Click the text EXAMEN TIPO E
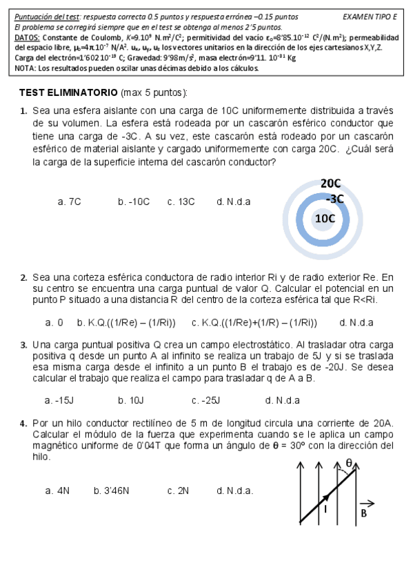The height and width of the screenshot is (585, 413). coord(370,17)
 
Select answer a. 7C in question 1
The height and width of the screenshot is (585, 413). coord(70,201)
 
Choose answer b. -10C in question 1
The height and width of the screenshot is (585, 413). coord(134,201)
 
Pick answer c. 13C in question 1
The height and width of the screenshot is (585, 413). coord(181,201)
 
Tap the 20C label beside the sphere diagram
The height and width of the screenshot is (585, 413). coord(331,184)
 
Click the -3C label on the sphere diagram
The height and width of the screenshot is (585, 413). coord(334,199)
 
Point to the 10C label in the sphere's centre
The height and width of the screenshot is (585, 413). coord(325,219)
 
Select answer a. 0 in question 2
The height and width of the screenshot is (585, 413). coord(54,322)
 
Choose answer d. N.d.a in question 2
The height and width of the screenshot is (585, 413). coord(356,322)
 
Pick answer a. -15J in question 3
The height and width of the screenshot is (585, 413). coord(59,400)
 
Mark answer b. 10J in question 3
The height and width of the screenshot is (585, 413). coord(131,400)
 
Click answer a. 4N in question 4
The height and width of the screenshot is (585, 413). coord(57,490)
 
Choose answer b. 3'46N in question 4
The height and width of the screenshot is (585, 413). coord(112,490)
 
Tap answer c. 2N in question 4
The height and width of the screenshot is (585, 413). coord(178,490)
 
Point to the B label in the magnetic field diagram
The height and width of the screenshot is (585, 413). coord(364,513)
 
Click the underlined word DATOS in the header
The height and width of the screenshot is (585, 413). coord(27,38)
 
